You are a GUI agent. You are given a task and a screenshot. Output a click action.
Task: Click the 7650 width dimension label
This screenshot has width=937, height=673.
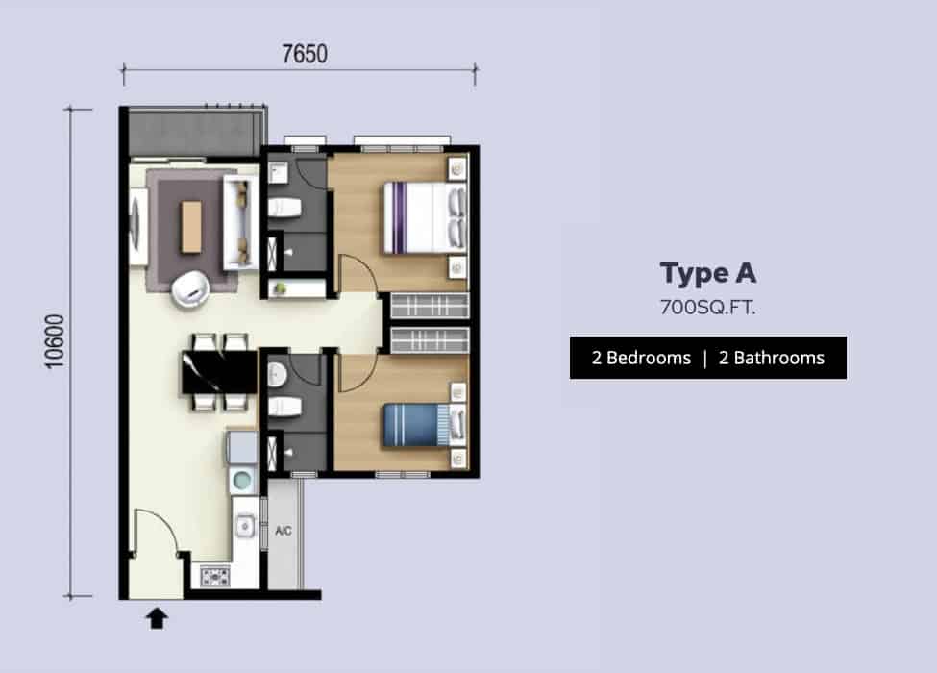305,54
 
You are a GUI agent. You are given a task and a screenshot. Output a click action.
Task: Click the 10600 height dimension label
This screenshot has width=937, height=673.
55,341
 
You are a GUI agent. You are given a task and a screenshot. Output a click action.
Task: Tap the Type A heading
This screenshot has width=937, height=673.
708,274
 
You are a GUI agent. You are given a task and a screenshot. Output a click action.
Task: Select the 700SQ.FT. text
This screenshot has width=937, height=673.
707,308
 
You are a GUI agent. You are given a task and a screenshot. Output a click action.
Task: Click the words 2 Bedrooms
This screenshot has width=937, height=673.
641,358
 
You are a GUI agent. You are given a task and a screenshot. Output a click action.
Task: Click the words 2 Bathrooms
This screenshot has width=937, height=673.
772,358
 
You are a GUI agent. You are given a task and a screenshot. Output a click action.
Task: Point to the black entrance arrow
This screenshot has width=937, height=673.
158,618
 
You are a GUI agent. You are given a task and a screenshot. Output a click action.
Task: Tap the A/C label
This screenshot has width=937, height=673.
284,530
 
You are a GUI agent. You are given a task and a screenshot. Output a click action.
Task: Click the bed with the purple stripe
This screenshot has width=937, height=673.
424,217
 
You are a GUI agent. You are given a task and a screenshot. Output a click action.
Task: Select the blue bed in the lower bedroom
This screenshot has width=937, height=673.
424,425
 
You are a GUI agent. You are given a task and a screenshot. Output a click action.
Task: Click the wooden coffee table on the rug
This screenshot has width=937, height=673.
191,227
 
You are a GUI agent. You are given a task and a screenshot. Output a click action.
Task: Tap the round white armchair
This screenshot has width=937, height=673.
190,288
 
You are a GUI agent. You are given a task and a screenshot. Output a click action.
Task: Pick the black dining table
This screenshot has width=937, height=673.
219,372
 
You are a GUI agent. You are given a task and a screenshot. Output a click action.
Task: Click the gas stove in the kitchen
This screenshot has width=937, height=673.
214,576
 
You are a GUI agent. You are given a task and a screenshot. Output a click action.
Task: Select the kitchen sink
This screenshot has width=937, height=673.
244,527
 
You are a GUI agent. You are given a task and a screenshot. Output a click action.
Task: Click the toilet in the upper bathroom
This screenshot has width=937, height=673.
284,208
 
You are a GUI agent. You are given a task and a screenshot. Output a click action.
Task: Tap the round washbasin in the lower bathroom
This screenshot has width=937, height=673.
278,375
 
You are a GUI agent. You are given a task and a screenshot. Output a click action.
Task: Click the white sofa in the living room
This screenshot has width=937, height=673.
241,222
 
